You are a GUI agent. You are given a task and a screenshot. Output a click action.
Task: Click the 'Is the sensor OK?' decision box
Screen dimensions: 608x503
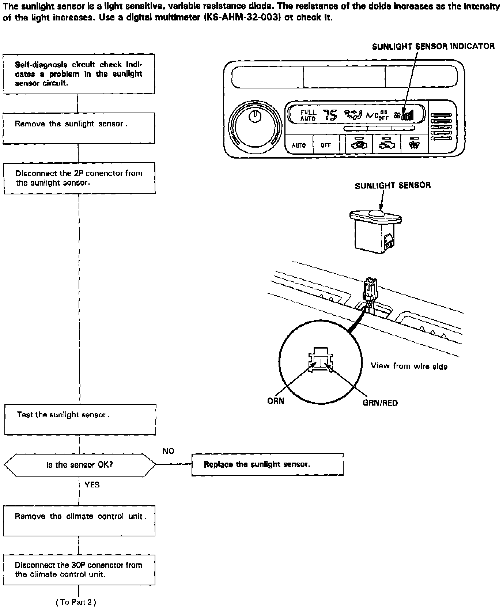point(80,465)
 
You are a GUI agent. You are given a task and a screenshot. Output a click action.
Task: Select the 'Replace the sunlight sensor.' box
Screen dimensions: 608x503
point(267,464)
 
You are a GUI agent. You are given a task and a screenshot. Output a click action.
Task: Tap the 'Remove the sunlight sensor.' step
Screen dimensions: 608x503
point(79,128)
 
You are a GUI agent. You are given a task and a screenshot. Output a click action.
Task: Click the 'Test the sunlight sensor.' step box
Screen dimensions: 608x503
point(80,419)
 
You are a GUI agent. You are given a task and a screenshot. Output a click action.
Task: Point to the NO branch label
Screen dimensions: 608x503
point(169,451)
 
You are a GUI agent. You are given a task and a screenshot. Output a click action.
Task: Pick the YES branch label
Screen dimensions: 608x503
point(92,485)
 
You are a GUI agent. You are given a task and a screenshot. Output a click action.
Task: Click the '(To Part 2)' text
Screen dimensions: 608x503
point(76,603)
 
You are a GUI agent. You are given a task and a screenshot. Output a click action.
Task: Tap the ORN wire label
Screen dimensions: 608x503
point(276,401)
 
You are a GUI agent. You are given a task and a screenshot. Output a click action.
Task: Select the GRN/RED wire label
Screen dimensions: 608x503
point(380,403)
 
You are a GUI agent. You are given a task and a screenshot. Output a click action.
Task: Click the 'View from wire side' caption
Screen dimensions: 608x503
point(409,366)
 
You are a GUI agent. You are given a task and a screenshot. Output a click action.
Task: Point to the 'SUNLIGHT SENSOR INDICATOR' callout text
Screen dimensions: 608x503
point(433,46)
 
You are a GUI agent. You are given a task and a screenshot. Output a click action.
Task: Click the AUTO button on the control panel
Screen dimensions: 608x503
point(299,145)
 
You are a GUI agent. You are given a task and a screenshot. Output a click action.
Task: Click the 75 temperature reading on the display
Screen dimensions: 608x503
point(330,115)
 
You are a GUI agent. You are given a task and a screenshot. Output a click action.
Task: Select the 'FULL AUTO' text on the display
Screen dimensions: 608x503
point(308,115)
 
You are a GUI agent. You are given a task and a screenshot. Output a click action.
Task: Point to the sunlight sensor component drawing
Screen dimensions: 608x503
point(375,230)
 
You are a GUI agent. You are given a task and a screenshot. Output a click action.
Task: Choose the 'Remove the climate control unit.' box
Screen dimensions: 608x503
point(79,520)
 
